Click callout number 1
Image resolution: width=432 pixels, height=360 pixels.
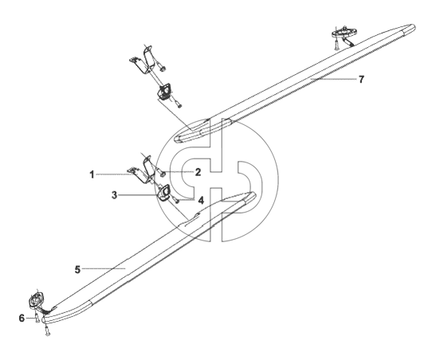click(92, 174)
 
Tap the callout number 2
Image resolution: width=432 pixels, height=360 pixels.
click(198, 172)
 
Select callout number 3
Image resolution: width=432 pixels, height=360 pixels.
click(114, 195)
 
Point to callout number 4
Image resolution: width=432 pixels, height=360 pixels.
click(201, 201)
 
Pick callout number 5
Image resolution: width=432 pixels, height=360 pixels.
click(77, 269)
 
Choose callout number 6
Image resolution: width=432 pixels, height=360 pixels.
click(22, 318)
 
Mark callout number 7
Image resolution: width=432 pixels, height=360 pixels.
click(361, 80)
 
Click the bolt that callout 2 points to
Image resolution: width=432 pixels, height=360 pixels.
click(161, 173)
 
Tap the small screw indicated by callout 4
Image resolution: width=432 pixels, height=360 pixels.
click(176, 200)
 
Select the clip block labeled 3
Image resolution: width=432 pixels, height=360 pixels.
click(164, 192)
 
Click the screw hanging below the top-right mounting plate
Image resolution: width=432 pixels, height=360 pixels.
click(336, 44)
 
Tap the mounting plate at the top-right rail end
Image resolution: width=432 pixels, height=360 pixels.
click(344, 32)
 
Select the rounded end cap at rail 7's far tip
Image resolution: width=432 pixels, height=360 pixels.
click(409, 29)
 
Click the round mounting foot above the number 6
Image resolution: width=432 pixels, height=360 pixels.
click(35, 299)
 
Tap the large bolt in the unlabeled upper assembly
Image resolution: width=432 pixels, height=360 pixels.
click(161, 66)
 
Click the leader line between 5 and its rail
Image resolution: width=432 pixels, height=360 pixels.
click(104, 268)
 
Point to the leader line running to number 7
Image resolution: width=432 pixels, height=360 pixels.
click(334, 79)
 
